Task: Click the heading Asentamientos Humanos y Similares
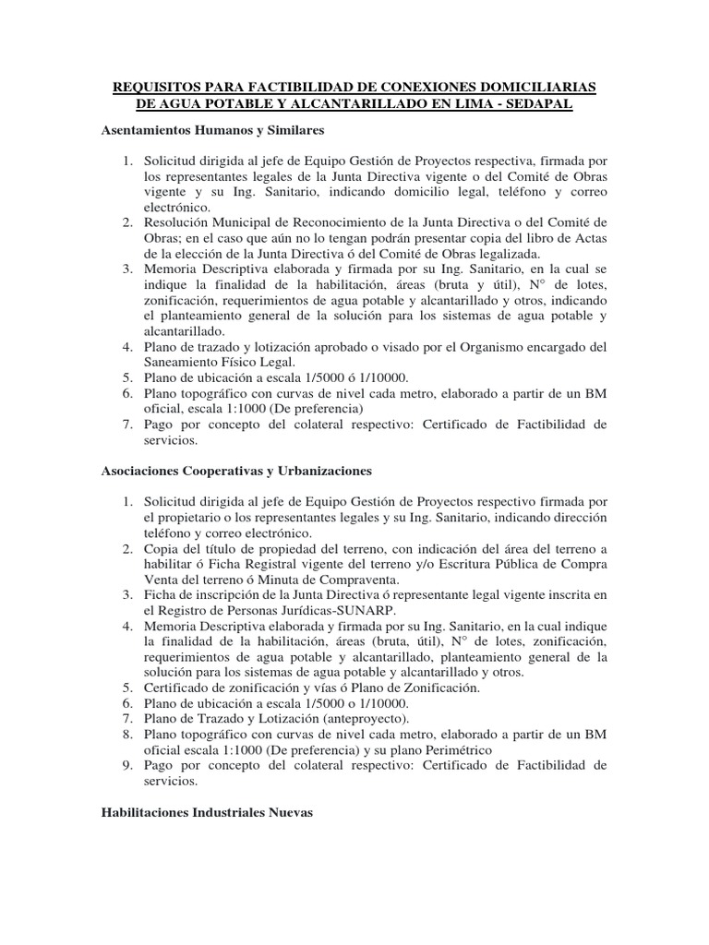pyautogui.click(x=212, y=131)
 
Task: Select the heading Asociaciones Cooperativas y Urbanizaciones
pyautogui.click(x=235, y=471)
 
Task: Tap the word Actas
pyautogui.click(x=588, y=239)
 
